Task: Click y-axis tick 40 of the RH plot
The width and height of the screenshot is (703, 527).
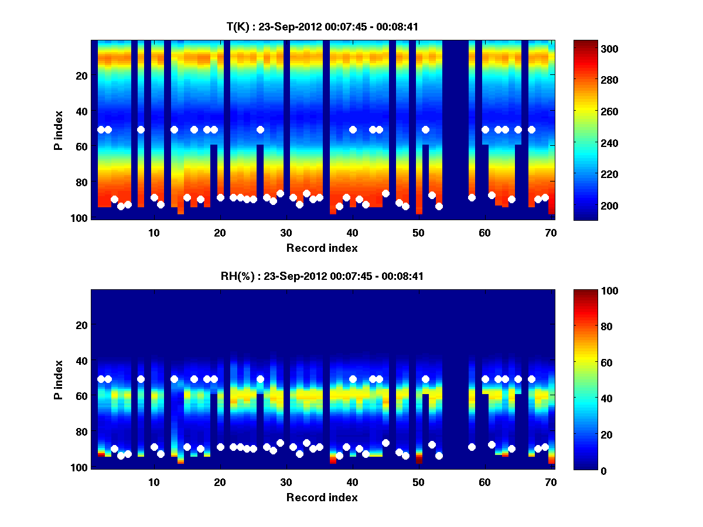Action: pyautogui.click(x=81, y=361)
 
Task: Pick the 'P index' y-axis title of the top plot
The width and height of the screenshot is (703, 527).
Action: pyautogui.click(x=59, y=129)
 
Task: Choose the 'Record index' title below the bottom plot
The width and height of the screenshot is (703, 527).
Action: pyautogui.click(x=322, y=497)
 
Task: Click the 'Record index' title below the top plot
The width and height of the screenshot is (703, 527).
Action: pyautogui.click(x=322, y=248)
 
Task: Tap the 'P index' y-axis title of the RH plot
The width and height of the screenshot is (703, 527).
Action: pyautogui.click(x=59, y=379)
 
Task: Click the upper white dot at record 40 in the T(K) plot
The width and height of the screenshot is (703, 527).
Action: pyautogui.click(x=353, y=129)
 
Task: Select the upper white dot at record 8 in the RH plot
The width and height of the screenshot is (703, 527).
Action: pyautogui.click(x=141, y=379)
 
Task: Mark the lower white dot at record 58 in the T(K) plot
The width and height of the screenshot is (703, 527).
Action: pyautogui.click(x=472, y=197)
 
